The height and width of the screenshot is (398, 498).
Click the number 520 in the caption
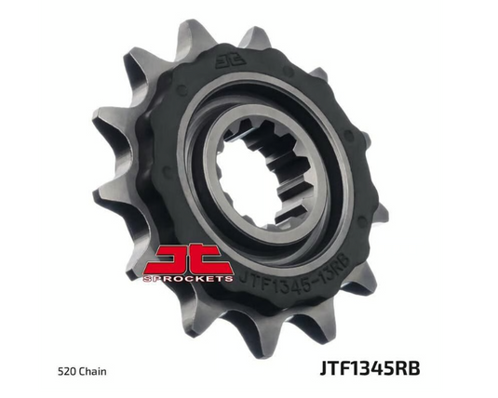coord(65,371)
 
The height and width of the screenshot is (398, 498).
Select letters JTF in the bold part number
coord(334,368)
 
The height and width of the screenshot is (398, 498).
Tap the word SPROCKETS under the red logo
coord(188,279)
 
